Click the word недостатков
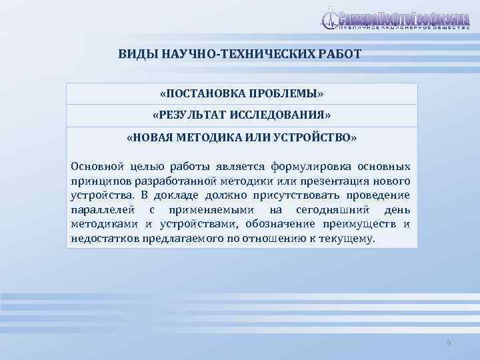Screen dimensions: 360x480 (105, 239)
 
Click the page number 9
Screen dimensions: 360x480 (449, 343)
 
